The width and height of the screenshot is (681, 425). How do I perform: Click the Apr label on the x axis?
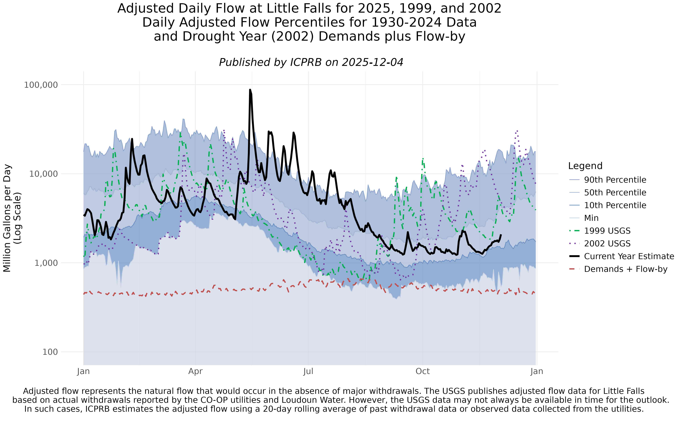pos(195,371)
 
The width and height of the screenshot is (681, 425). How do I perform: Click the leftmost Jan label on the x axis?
pos(83,371)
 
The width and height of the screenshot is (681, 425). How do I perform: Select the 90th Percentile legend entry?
pos(615,180)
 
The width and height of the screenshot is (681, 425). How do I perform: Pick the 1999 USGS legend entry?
pos(607,231)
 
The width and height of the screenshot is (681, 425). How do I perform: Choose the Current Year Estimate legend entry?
pos(629,256)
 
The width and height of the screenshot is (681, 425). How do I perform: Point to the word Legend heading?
pos(585,166)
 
